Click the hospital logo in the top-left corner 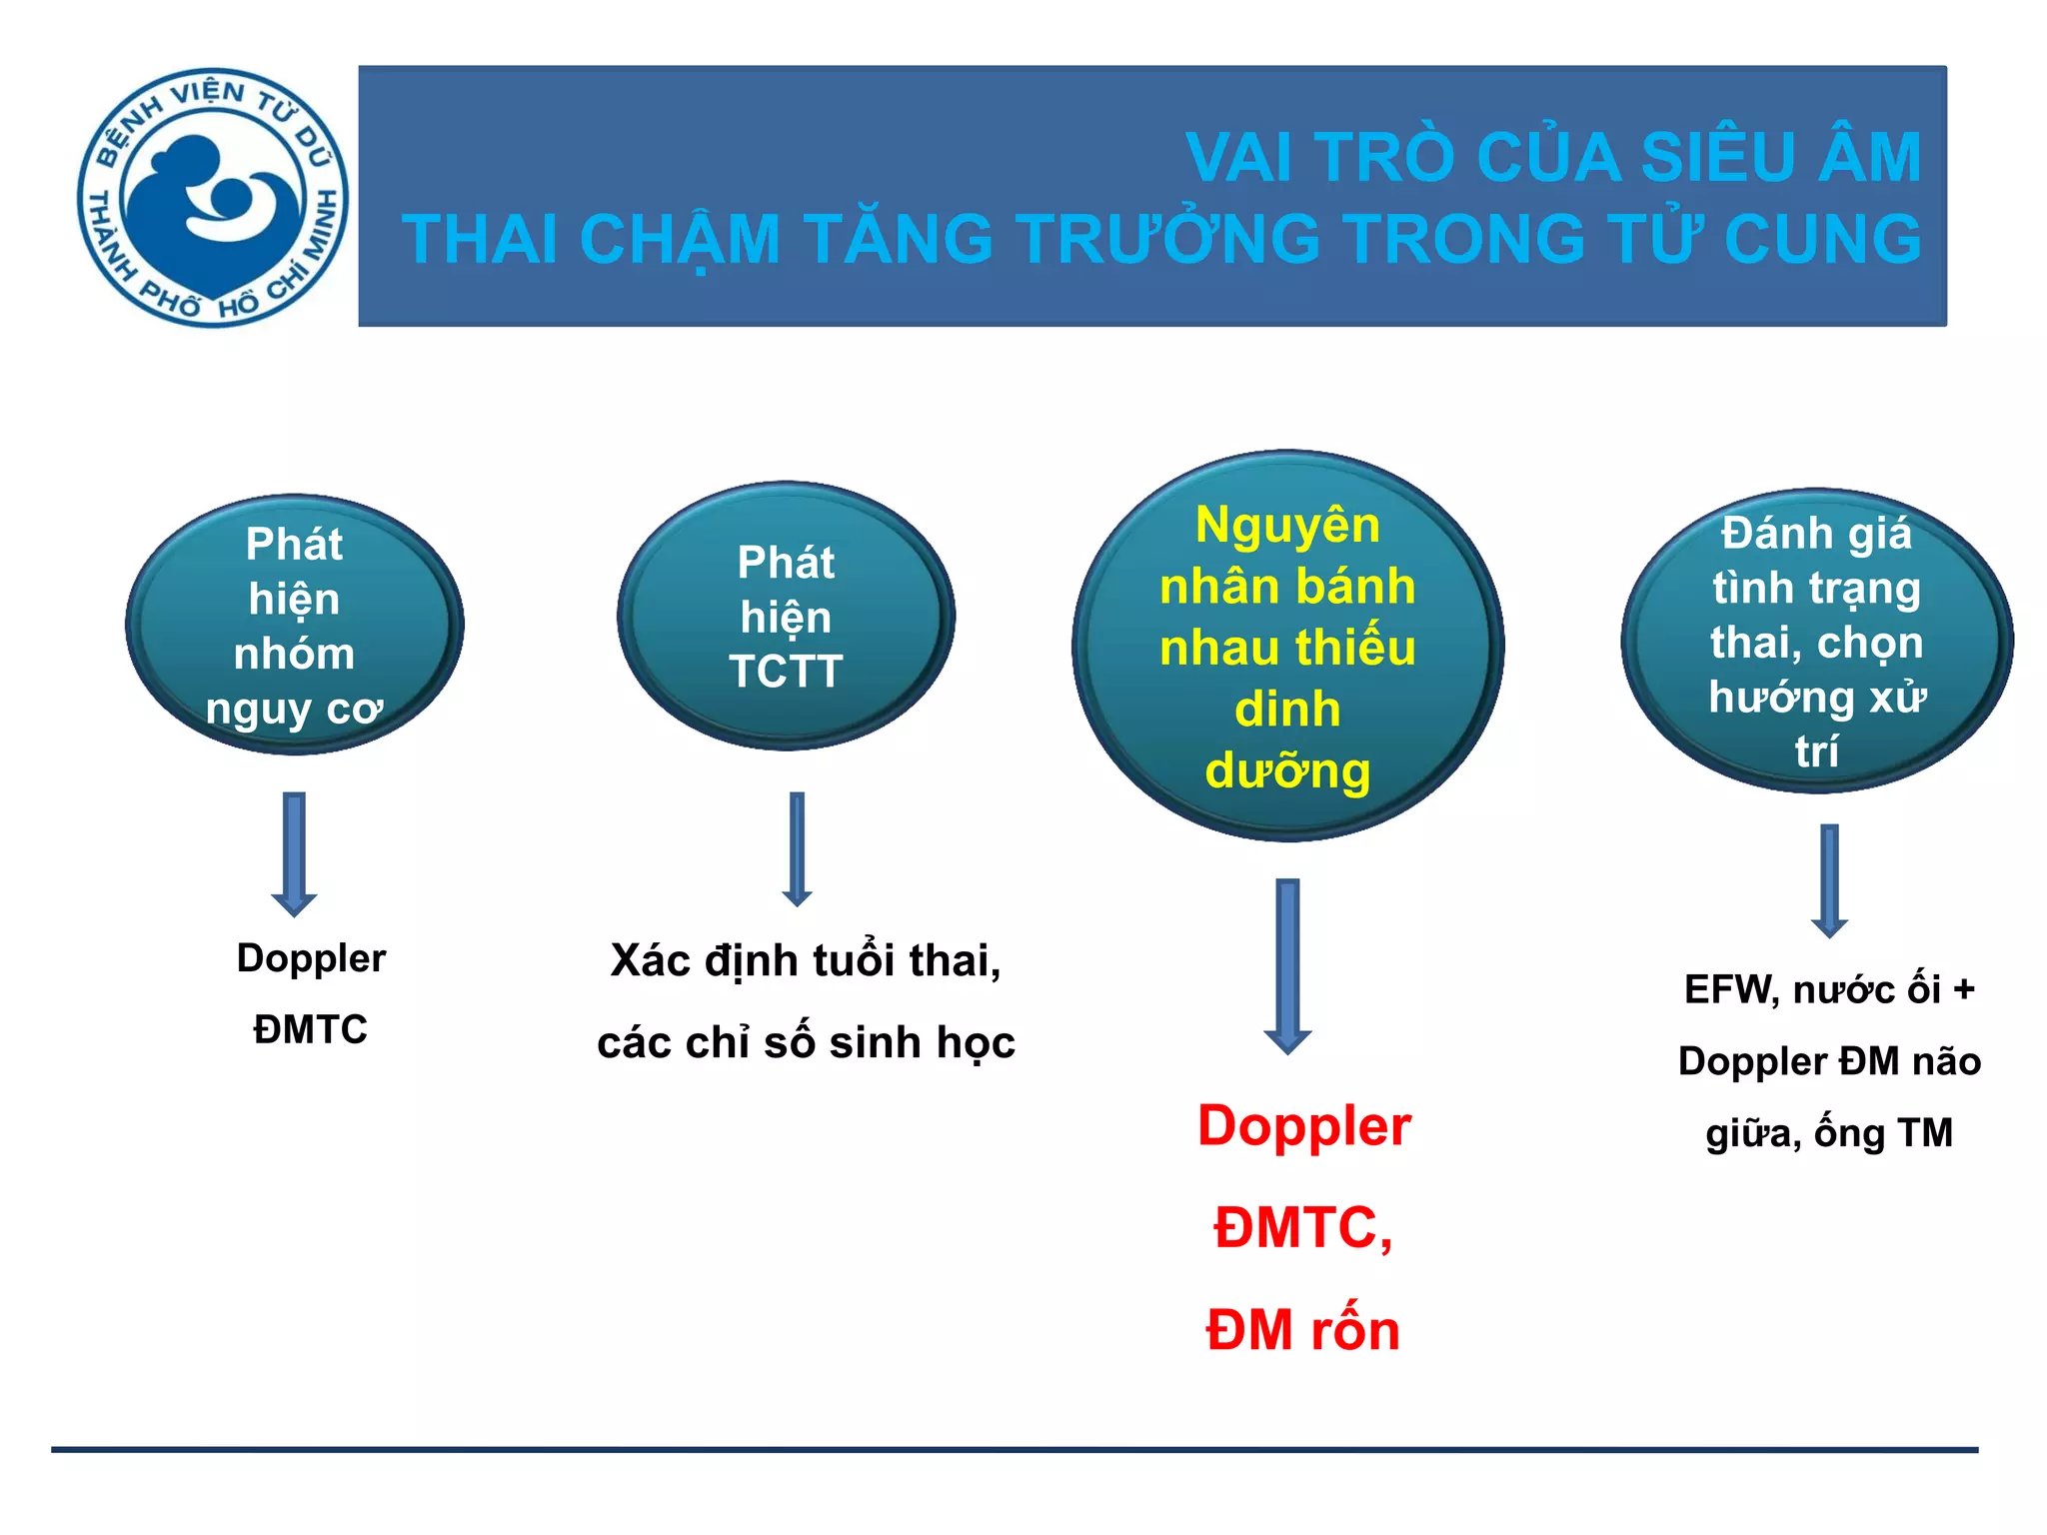tap(212, 197)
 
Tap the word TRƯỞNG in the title tap(1168, 240)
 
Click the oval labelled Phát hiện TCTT tap(787, 617)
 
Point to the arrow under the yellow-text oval tap(1287, 965)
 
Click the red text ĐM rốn tap(1302, 1331)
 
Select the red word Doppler tap(1303, 1126)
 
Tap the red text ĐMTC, tap(1302, 1228)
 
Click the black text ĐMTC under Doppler tap(310, 1029)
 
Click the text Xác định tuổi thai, tap(806, 961)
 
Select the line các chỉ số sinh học tap(806, 1043)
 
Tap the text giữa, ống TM tap(1829, 1133)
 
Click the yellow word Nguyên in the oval tap(1287, 526)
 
